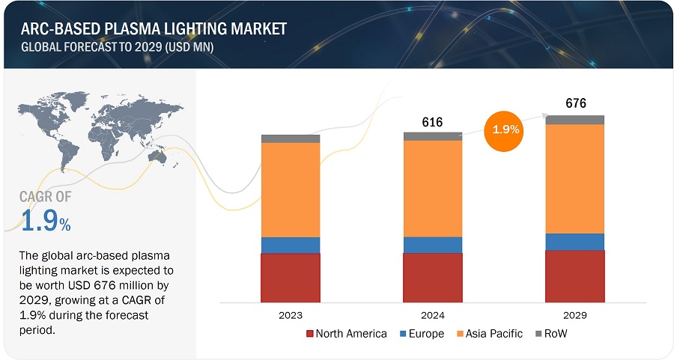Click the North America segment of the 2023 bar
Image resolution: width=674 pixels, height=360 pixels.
click(291, 277)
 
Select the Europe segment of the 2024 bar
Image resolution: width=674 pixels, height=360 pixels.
click(433, 245)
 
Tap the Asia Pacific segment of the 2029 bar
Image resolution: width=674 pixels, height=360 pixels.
click(575, 179)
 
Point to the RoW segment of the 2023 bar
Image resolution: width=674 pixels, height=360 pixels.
click(291, 138)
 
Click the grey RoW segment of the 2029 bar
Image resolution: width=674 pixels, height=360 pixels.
click(575, 120)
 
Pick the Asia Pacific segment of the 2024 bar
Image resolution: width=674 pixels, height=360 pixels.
click(433, 189)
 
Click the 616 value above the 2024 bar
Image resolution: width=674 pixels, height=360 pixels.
click(433, 123)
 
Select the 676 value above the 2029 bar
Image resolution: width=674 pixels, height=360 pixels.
click(575, 103)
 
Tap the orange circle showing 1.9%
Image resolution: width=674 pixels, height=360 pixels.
click(506, 129)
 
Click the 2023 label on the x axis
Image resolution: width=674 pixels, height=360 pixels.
click(291, 315)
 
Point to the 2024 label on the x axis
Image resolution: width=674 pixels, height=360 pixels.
click(433, 315)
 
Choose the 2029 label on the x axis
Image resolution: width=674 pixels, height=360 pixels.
click(575, 315)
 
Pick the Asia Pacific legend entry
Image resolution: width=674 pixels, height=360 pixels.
click(488, 334)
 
